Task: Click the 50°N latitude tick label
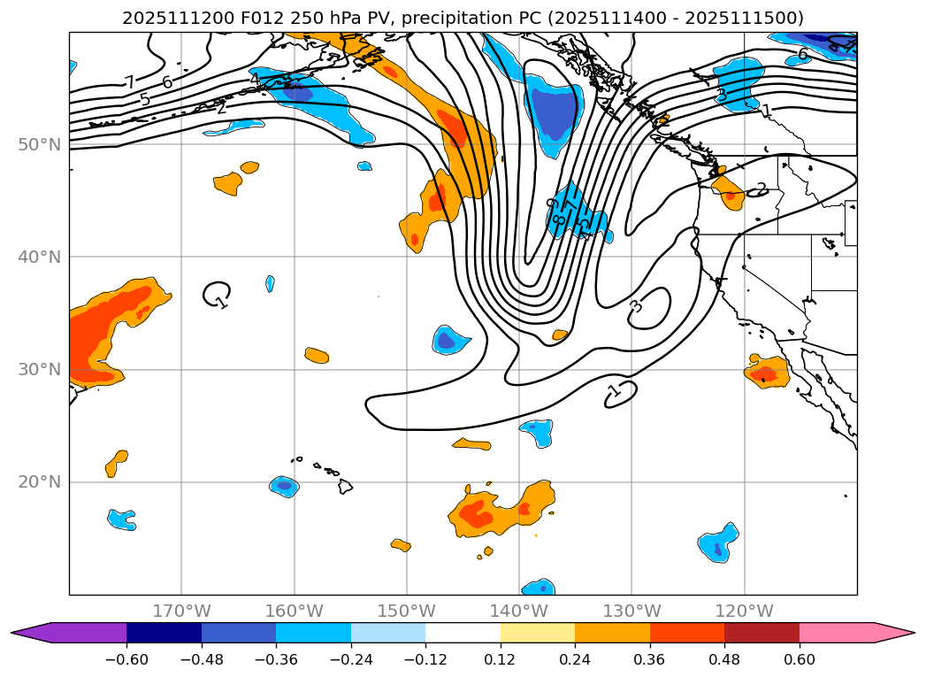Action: [41, 144]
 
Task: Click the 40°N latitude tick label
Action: [41, 257]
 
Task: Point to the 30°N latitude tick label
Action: [41, 369]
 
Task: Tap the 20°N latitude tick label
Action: [41, 482]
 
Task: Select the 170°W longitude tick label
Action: [181, 611]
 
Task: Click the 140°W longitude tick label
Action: [518, 611]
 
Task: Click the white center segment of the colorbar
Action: [463, 632]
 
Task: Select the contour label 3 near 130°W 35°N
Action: [636, 306]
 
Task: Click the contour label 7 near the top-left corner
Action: [129, 82]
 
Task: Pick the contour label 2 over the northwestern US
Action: [761, 189]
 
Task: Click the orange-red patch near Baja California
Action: [766, 373]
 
